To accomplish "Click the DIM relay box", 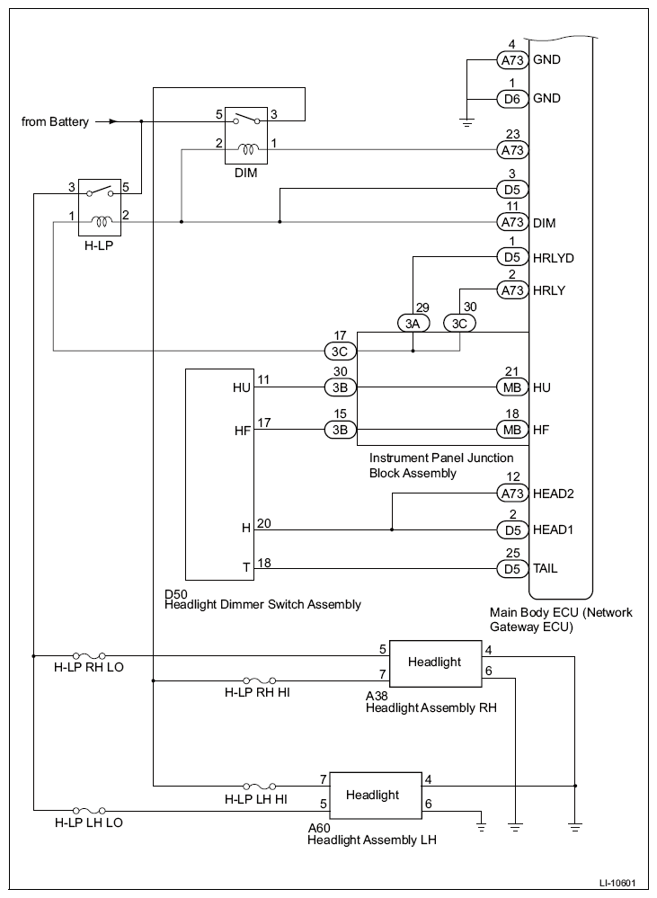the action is (246, 135).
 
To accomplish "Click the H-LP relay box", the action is (99, 208).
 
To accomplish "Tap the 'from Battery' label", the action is (55, 122).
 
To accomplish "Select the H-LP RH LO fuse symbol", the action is (89, 655).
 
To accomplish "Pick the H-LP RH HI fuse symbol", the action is (260, 681).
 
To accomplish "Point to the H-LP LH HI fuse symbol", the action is (260, 786).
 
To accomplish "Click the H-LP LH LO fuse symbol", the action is (89, 811).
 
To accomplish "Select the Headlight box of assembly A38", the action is (435, 663).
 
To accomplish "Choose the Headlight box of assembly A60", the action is (374, 796).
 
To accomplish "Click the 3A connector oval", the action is (413, 324).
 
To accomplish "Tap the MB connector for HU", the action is (512, 387).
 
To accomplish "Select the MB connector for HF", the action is (512, 430).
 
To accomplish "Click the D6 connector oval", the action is (512, 99).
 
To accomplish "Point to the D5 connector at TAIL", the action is (512, 569).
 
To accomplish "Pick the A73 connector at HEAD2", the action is (512, 493).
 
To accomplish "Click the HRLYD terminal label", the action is (554, 258).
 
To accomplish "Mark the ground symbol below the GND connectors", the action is (467, 122).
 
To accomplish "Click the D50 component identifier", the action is (175, 593).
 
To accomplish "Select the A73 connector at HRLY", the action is (512, 290).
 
